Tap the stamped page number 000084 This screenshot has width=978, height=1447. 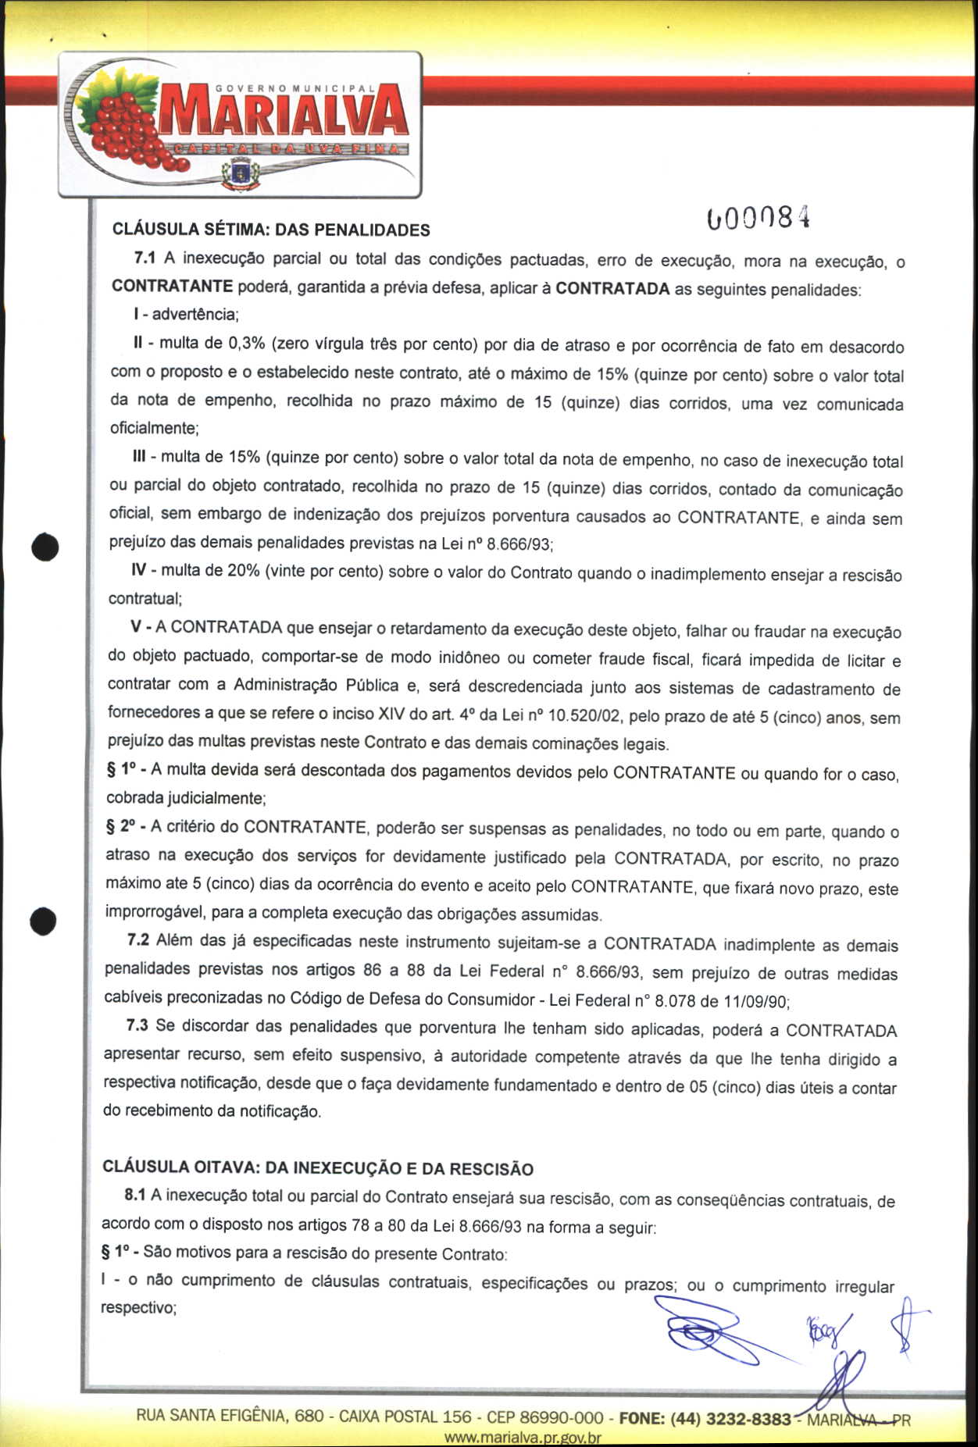[x=757, y=219]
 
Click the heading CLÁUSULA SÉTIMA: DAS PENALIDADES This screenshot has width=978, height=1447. [x=271, y=230]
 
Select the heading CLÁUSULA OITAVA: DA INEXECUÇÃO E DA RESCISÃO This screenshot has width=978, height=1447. [x=318, y=1168]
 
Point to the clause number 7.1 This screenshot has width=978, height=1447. [x=145, y=258]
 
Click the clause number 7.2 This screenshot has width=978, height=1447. [x=138, y=940]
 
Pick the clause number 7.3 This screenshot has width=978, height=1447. [x=137, y=1025]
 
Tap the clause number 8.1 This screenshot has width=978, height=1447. [x=134, y=1195]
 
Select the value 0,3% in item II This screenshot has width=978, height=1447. [x=246, y=344]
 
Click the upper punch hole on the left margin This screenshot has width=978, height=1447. [x=45, y=547]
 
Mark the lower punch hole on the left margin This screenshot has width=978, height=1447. [x=43, y=921]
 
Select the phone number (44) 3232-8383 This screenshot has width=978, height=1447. [x=730, y=1418]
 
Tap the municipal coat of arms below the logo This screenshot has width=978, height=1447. [x=241, y=173]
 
